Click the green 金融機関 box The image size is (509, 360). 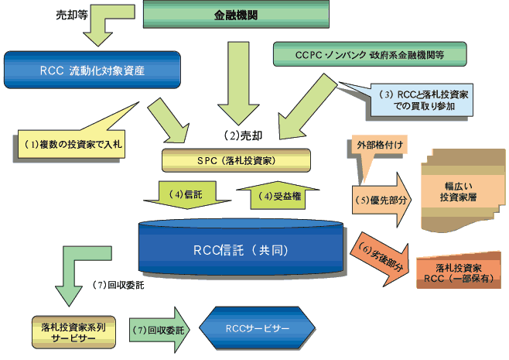pyautogui.click(x=236, y=14)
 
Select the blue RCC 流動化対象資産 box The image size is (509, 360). pyautogui.click(x=92, y=70)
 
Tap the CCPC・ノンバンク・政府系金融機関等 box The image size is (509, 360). pyautogui.click(x=370, y=54)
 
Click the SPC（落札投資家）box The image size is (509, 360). pyautogui.click(x=236, y=160)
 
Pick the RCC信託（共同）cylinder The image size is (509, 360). pyautogui.click(x=241, y=247)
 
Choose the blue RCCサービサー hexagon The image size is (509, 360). pyautogui.click(x=257, y=328)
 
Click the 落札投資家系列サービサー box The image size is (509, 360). pyautogui.click(x=73, y=332)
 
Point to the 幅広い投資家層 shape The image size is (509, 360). pyautogui.click(x=463, y=191)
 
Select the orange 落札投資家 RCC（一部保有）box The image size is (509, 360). pyautogui.click(x=459, y=270)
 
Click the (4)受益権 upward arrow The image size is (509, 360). pyautogui.click(x=278, y=196)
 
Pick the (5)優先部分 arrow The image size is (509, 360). pyautogui.click(x=382, y=200)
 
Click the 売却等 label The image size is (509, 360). pyautogui.click(x=71, y=15)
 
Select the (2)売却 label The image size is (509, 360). pyautogui.click(x=244, y=135)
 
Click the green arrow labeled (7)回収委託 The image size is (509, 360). pyautogui.click(x=159, y=330)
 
